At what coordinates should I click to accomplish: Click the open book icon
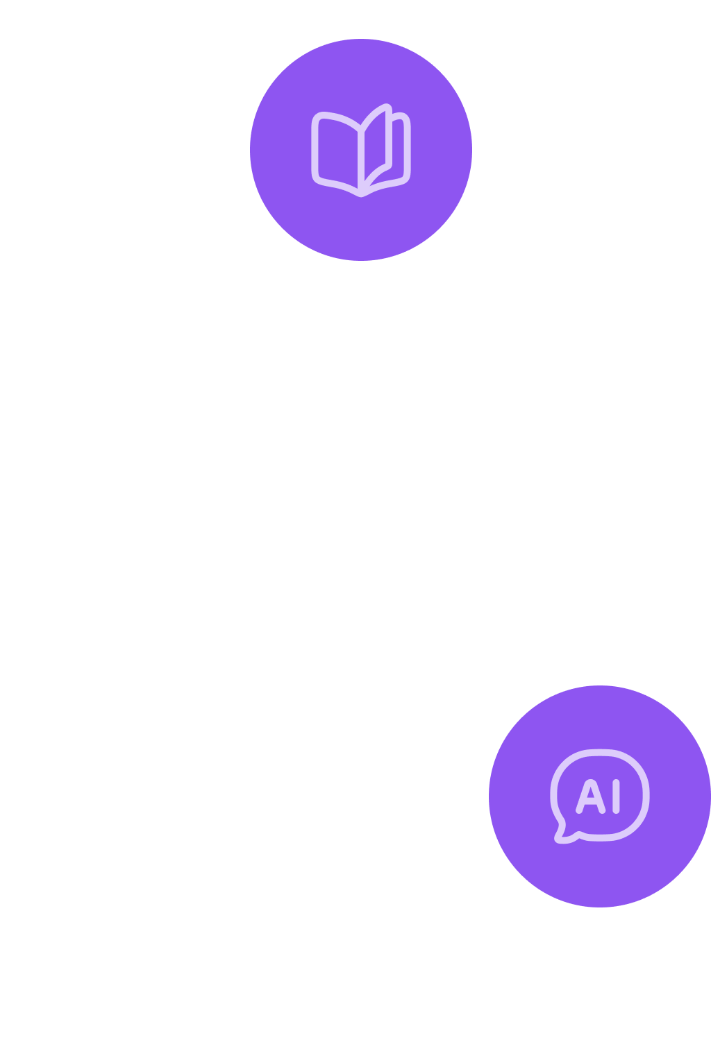click(361, 151)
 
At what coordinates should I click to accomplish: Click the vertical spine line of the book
click(361, 162)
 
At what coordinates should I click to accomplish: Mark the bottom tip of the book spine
click(361, 196)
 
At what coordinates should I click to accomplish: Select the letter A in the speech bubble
click(591, 796)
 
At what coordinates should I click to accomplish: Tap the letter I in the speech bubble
click(617, 796)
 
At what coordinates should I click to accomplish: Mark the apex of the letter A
click(591, 782)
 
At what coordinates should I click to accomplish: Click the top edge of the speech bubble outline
click(600, 753)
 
